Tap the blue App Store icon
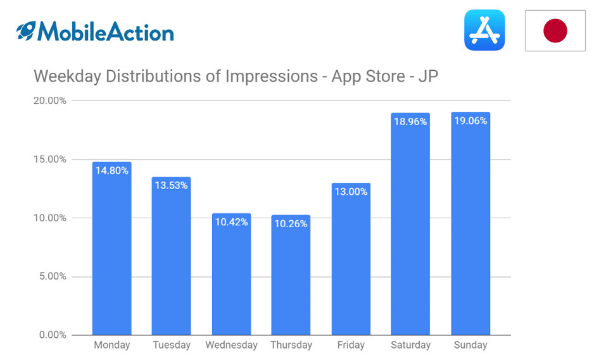pos(484,30)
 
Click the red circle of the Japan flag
pos(555,30)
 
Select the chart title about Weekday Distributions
pos(236,76)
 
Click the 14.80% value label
pos(112,171)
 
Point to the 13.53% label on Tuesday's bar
pos(171,185)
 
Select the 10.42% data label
pos(232,222)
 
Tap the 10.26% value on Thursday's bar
pos(291,224)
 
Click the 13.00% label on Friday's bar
pos(351,192)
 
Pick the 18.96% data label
pos(410,121)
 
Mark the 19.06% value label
pos(470,121)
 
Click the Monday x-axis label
pos(112,345)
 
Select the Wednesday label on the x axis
pos(232,345)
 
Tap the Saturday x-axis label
pos(411,345)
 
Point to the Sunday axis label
pos(470,345)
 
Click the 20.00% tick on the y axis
pos(50,101)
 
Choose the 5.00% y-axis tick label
pos(53,276)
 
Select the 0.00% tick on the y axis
pos(53,335)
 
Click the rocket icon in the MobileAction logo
pos(26,30)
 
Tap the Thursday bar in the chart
pos(291,275)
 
